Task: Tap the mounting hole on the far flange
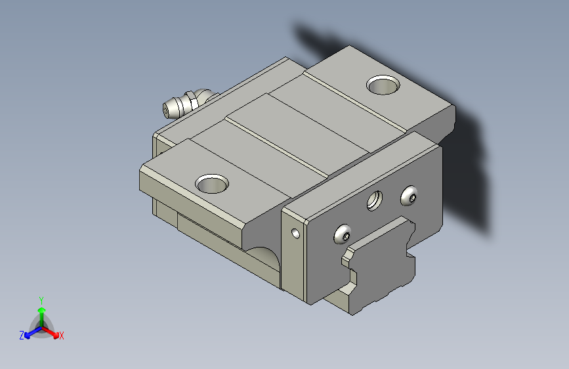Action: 383,85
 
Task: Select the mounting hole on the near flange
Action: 212,183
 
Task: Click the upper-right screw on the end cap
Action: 409,196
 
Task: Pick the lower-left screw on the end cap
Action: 342,234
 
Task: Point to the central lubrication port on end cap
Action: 375,201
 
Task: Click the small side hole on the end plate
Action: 296,233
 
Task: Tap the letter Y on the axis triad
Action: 41,301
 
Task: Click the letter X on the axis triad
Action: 61,336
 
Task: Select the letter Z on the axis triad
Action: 22,336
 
